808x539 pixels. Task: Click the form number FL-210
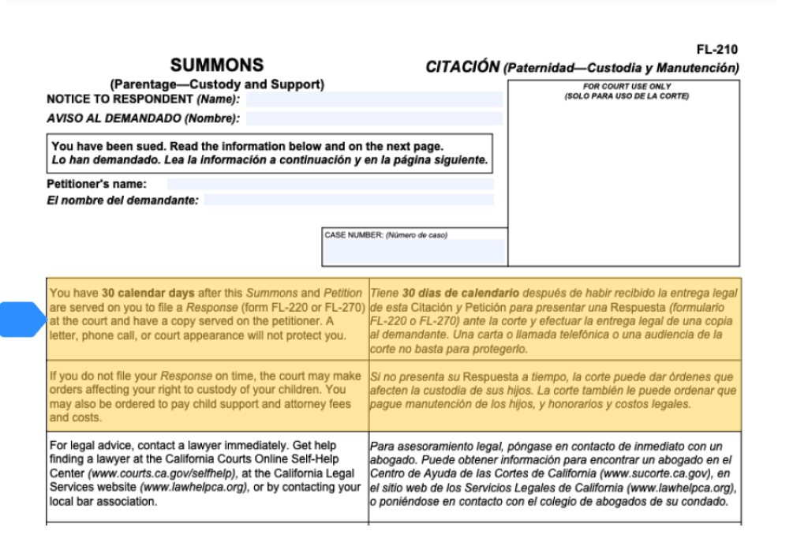tap(722, 50)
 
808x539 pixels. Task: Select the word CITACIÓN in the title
tap(462, 68)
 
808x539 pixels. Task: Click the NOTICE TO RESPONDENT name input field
tap(374, 99)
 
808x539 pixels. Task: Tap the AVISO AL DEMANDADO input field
tap(374, 119)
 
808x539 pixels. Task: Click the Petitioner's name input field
tap(330, 184)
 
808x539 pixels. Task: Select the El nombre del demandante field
tap(348, 200)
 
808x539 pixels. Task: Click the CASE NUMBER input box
tap(414, 251)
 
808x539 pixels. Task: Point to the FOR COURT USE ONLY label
tap(623, 88)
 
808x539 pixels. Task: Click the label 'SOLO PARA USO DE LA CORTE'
tap(623, 96)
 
